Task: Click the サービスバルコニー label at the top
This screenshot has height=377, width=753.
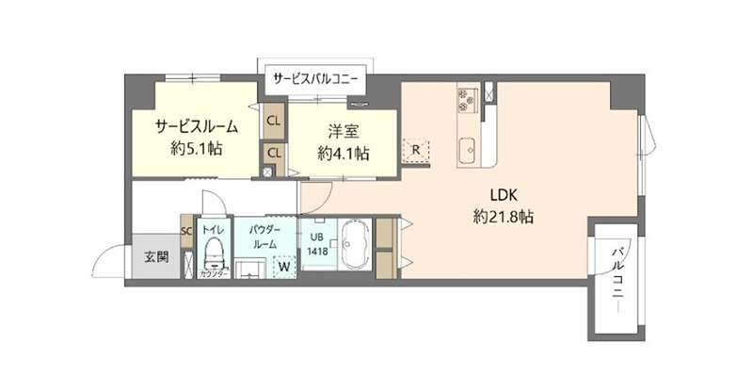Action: click(314, 77)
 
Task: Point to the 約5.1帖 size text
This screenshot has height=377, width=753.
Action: click(197, 148)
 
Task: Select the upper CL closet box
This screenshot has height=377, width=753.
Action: click(274, 122)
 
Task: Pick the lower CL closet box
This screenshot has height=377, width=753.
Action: click(274, 153)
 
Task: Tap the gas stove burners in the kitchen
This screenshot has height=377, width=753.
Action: click(468, 97)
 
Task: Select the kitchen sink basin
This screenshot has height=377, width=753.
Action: click(468, 148)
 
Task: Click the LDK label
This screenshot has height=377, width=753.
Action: click(504, 196)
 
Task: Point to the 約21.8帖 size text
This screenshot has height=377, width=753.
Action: click(504, 217)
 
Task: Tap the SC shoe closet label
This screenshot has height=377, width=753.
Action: click(185, 230)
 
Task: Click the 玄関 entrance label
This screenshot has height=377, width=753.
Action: click(156, 256)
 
